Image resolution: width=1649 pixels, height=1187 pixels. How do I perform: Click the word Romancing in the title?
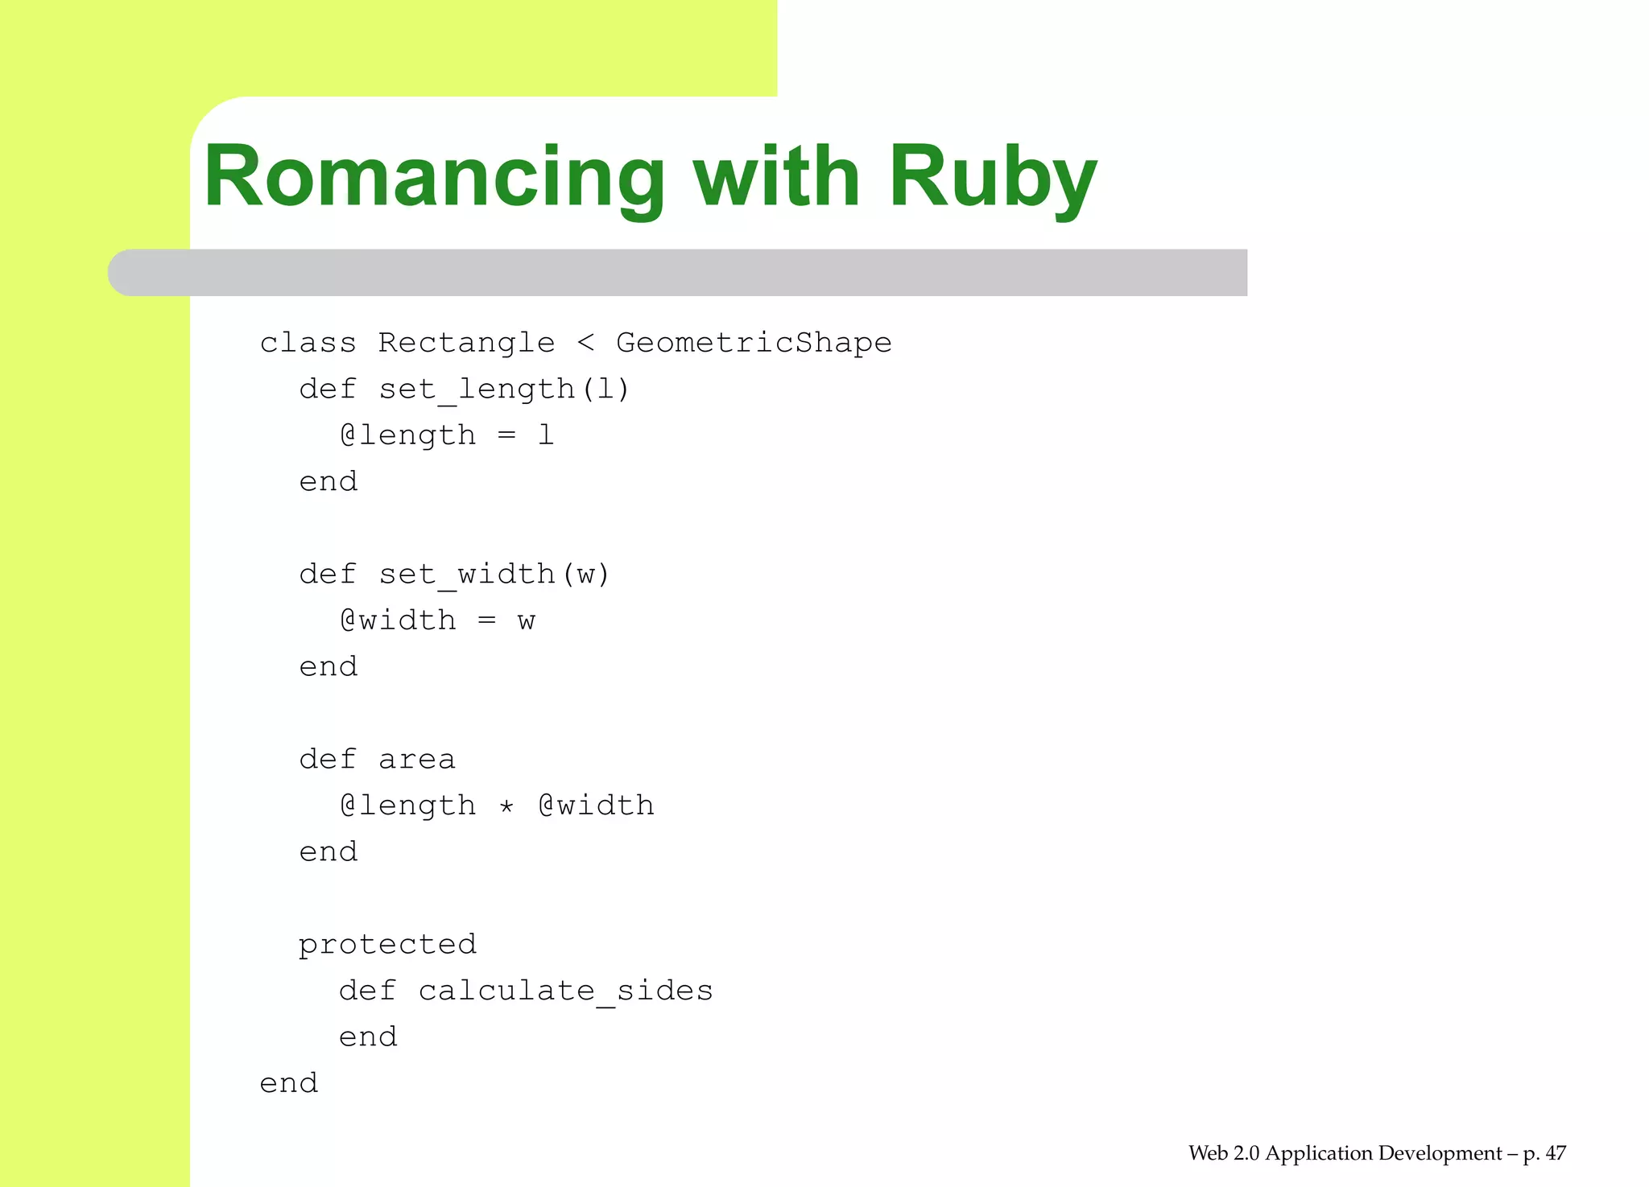pyautogui.click(x=434, y=177)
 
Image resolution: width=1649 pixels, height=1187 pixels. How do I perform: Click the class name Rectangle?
pyautogui.click(x=466, y=343)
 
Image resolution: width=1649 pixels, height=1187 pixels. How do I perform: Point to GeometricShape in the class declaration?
pyautogui.click(x=754, y=343)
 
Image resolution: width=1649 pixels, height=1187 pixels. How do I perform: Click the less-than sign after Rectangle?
pyautogui.click(x=585, y=344)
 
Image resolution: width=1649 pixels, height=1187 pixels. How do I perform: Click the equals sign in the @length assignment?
pyautogui.click(x=506, y=435)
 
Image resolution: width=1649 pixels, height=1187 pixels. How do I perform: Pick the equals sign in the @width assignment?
pyautogui.click(x=486, y=620)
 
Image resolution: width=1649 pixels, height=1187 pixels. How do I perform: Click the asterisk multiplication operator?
pyautogui.click(x=506, y=806)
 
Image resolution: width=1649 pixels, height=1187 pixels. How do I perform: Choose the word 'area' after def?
pyautogui.click(x=416, y=760)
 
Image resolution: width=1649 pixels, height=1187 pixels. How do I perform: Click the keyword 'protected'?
pyautogui.click(x=387, y=945)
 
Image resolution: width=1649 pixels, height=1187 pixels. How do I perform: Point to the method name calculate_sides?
pyautogui.click(x=565, y=991)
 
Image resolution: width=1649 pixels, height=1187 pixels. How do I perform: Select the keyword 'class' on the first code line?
pyautogui.click(x=308, y=343)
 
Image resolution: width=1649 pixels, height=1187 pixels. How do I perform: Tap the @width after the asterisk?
pyautogui.click(x=596, y=806)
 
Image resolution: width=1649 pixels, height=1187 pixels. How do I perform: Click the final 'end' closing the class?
pyautogui.click(x=288, y=1083)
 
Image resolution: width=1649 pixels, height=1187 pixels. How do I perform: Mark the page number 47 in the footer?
pyautogui.click(x=1556, y=1153)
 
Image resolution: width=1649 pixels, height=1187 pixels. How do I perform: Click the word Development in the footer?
pyautogui.click(x=1440, y=1153)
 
